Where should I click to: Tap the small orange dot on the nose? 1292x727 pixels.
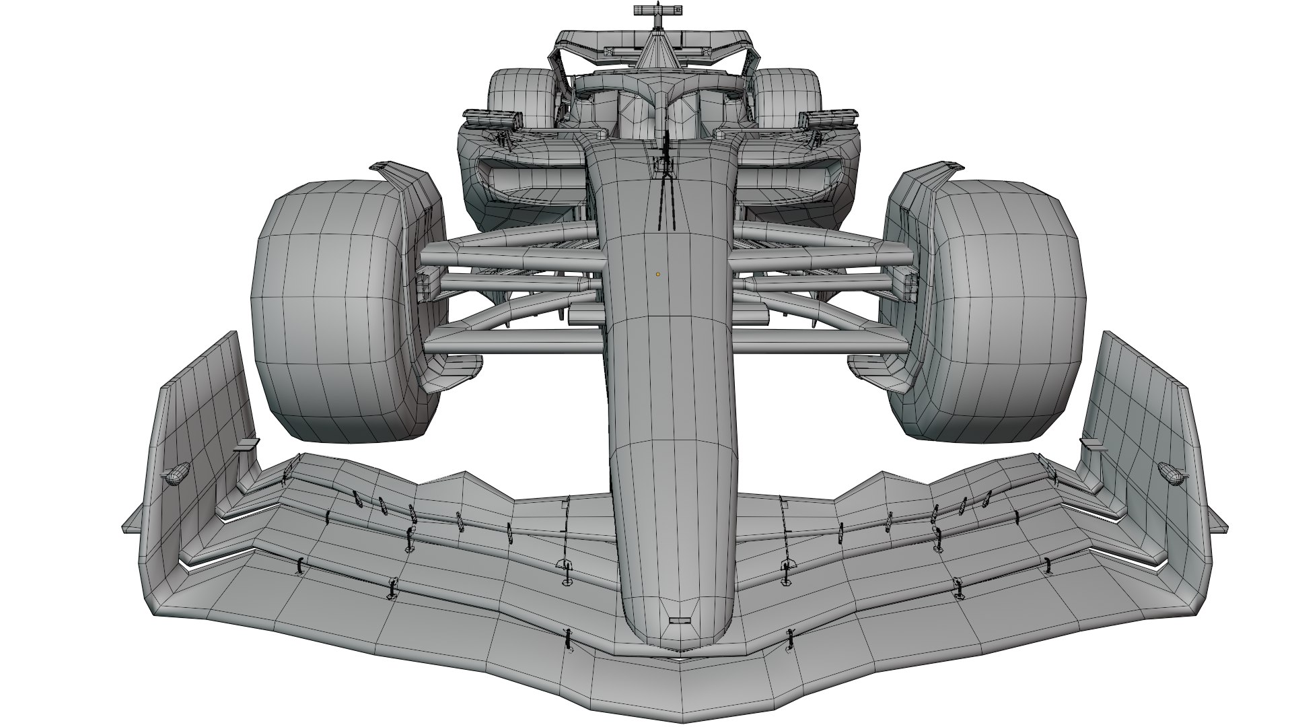coord(658,274)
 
